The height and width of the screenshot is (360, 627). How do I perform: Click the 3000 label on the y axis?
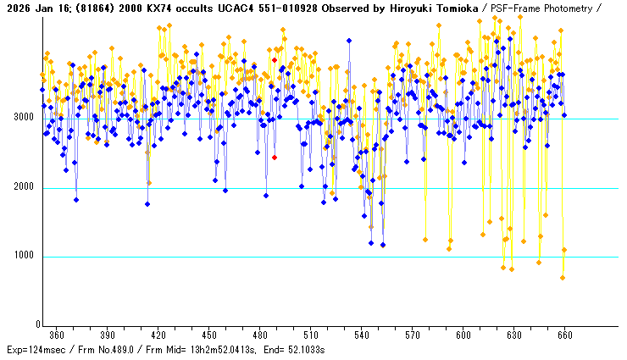click(23, 118)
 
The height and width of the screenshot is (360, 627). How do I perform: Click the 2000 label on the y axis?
click(23, 187)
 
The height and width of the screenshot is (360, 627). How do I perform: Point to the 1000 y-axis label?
click(23, 257)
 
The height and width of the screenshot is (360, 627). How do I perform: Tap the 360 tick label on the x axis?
click(57, 335)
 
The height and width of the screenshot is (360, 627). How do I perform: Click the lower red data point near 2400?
click(275, 158)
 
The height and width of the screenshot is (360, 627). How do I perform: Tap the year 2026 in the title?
click(16, 8)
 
